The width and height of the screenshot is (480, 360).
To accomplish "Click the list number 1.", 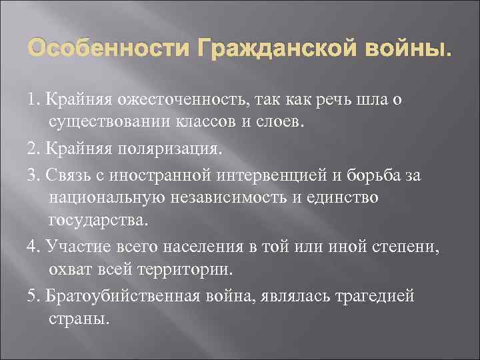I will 33,100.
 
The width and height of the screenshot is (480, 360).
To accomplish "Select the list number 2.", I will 33,146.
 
